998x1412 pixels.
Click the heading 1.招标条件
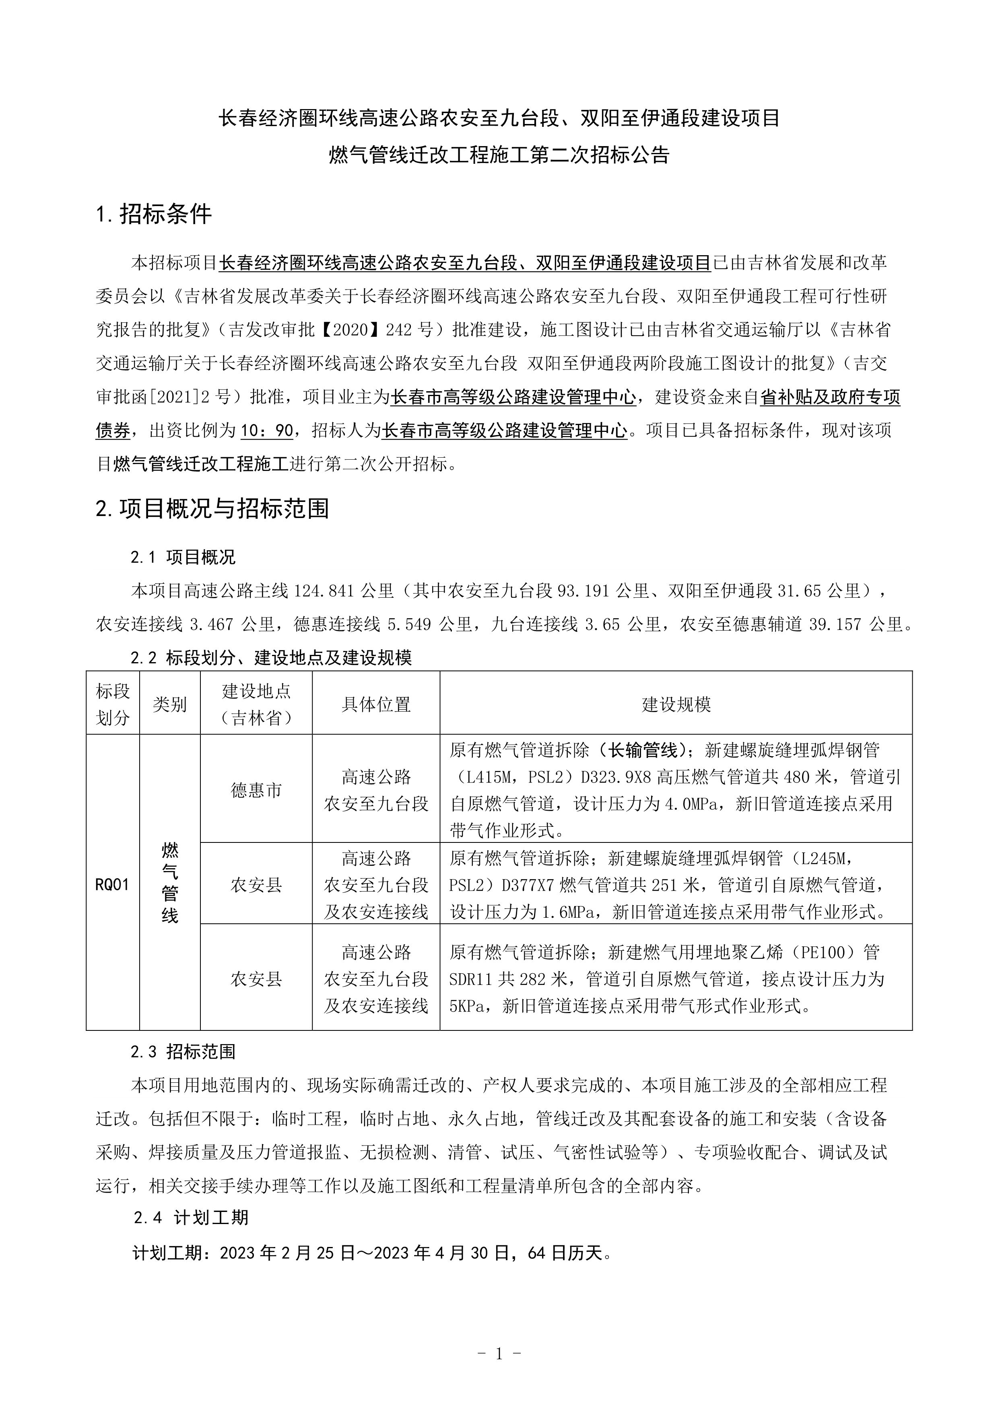154,214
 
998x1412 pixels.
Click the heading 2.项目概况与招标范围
212,508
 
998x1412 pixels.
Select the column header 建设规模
676,704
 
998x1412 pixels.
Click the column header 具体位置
376,704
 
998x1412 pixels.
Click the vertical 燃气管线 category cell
170,884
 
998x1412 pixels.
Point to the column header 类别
170,704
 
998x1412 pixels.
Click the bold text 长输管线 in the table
643,750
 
